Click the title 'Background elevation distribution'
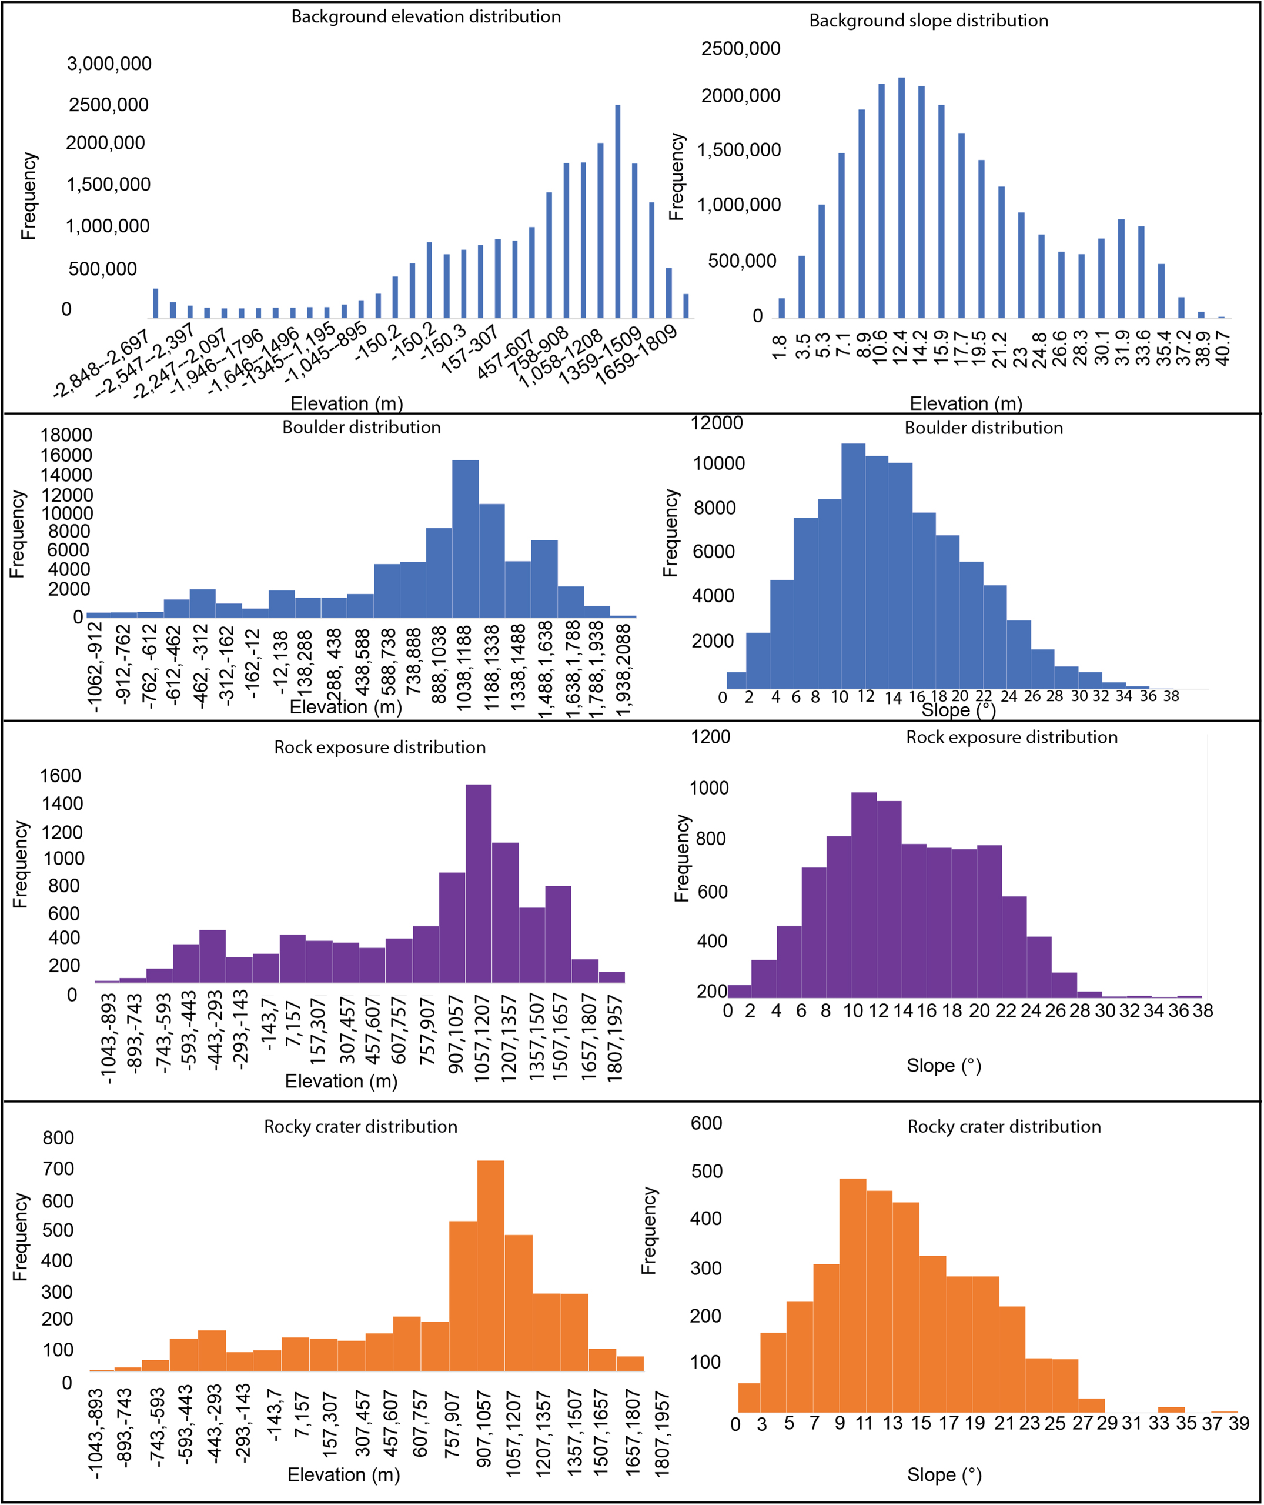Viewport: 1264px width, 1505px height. point(426,16)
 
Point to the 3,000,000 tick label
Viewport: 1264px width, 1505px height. point(109,64)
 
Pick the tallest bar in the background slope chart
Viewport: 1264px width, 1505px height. point(901,197)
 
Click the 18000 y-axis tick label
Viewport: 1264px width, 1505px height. point(66,435)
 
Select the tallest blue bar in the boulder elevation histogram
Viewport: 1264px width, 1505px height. point(466,538)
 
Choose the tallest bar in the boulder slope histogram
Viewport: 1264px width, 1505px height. point(852,566)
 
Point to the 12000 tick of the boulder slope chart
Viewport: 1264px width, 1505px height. point(716,423)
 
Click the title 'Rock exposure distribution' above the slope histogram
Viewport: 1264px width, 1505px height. point(1011,738)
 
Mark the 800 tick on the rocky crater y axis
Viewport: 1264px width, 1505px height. point(59,1138)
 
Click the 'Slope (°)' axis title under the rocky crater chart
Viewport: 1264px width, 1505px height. point(944,1475)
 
